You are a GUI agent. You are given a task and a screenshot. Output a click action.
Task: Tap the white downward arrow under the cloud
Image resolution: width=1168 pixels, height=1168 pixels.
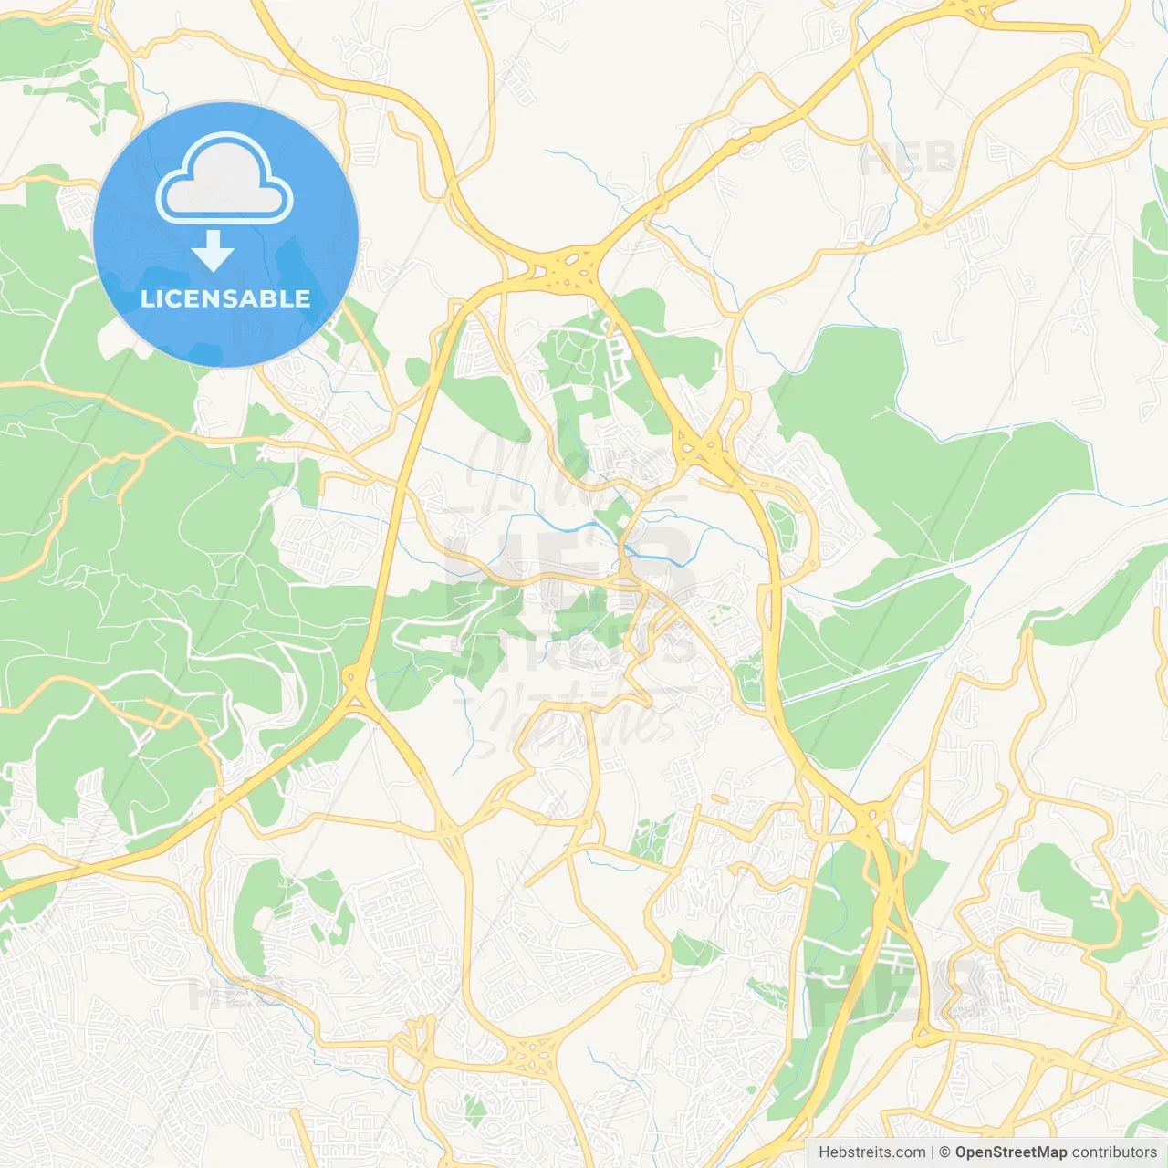(x=213, y=251)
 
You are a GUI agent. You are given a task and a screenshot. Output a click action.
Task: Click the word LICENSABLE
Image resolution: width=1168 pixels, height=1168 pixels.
(x=225, y=298)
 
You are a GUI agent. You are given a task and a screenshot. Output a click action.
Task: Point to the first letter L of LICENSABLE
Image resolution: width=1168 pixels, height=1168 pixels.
(x=147, y=298)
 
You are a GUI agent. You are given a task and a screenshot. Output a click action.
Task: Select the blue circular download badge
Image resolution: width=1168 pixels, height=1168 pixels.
(x=225, y=235)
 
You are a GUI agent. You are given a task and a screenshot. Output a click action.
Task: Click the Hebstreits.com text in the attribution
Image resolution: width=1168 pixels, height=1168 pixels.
(x=871, y=1152)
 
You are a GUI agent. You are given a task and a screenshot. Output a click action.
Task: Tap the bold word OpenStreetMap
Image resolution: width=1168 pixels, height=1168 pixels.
(x=1011, y=1152)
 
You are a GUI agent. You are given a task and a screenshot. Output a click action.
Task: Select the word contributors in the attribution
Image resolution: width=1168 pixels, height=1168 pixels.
(x=1114, y=1152)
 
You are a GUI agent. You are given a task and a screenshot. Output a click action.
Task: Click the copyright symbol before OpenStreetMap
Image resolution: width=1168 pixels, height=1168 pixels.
(x=944, y=1152)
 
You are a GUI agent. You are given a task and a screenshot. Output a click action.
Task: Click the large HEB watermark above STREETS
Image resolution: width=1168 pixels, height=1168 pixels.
(x=570, y=566)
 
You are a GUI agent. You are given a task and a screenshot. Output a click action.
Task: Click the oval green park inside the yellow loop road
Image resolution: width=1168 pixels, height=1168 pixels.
(x=782, y=527)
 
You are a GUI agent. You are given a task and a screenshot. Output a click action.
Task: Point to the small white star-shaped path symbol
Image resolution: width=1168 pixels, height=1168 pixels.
(x=264, y=451)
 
